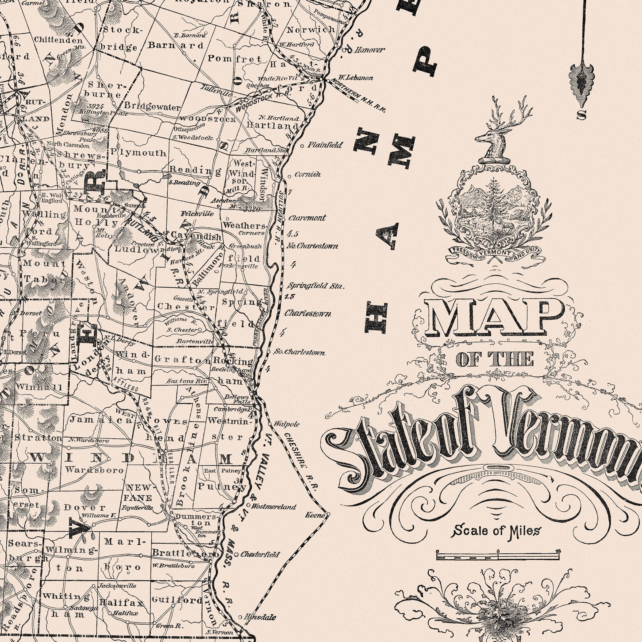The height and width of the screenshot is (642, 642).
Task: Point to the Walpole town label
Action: [x=286, y=424]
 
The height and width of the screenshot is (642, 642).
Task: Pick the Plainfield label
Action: [x=324, y=145]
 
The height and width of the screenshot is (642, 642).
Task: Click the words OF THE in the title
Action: [x=495, y=360]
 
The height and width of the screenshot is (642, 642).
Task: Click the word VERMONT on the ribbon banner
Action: [x=494, y=253]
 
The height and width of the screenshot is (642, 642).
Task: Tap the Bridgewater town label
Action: [x=152, y=107]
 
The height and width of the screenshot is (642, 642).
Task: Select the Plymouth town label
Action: [x=139, y=153]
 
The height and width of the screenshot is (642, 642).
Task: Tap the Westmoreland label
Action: [x=273, y=507]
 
